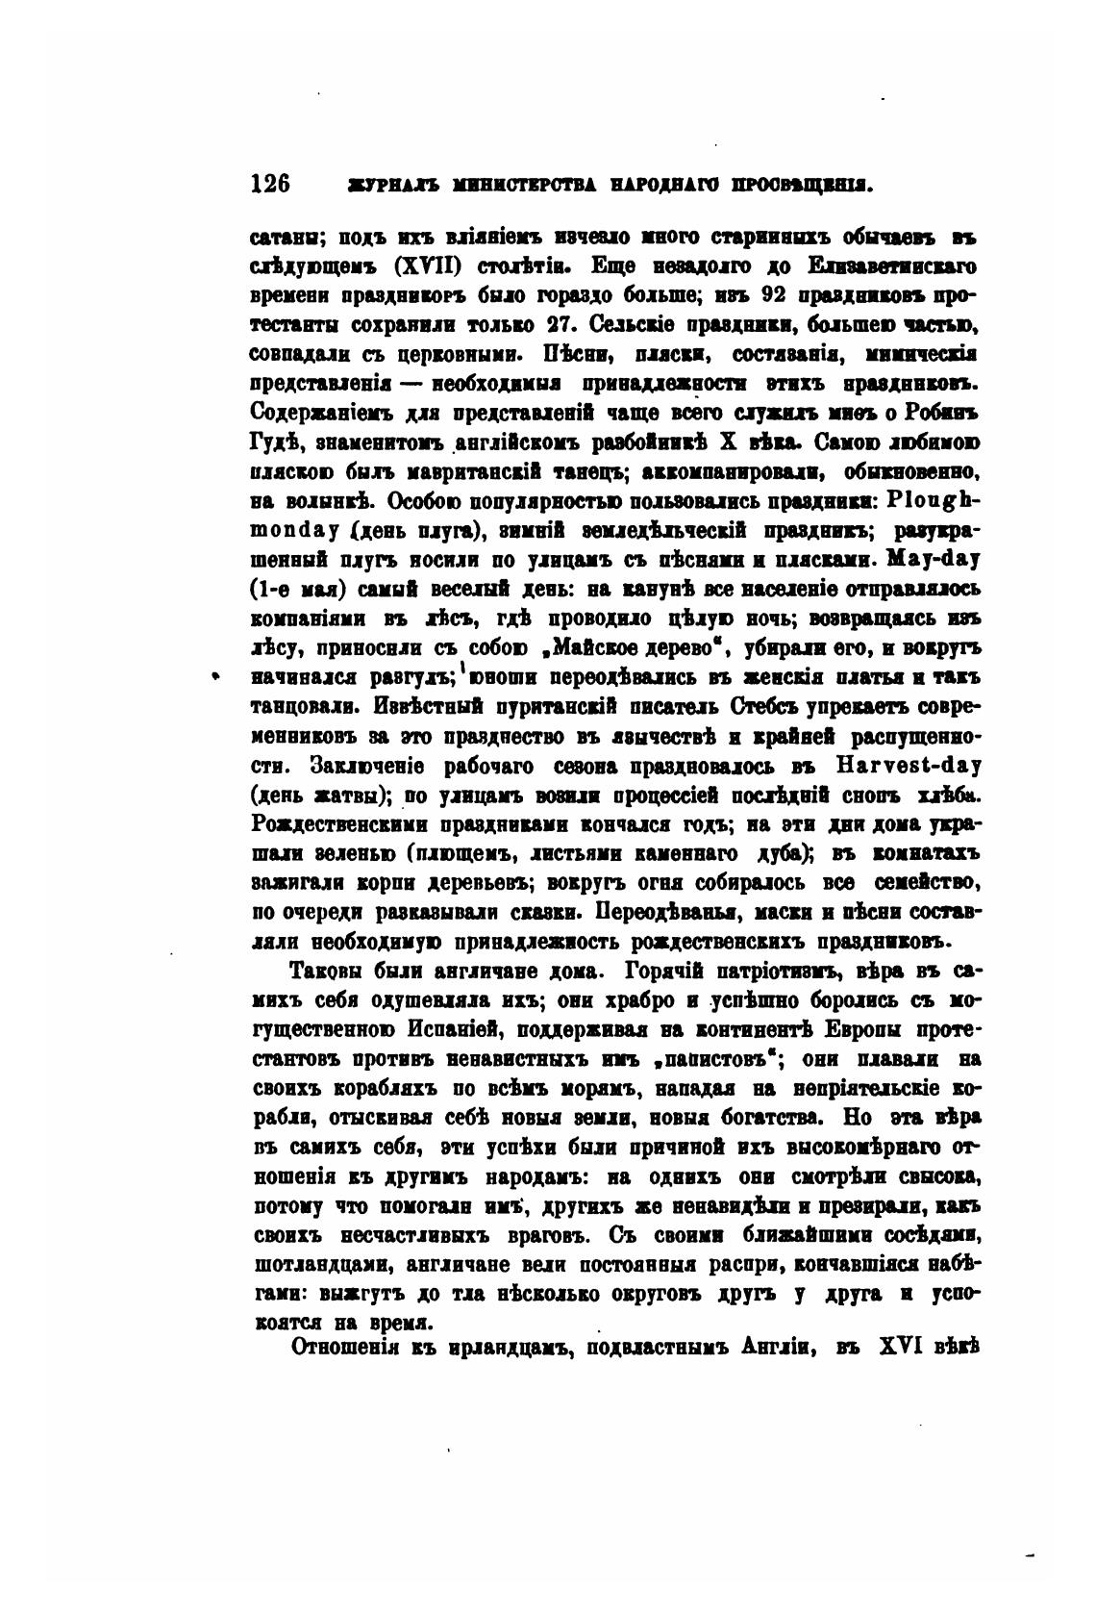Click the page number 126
click(x=270, y=184)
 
